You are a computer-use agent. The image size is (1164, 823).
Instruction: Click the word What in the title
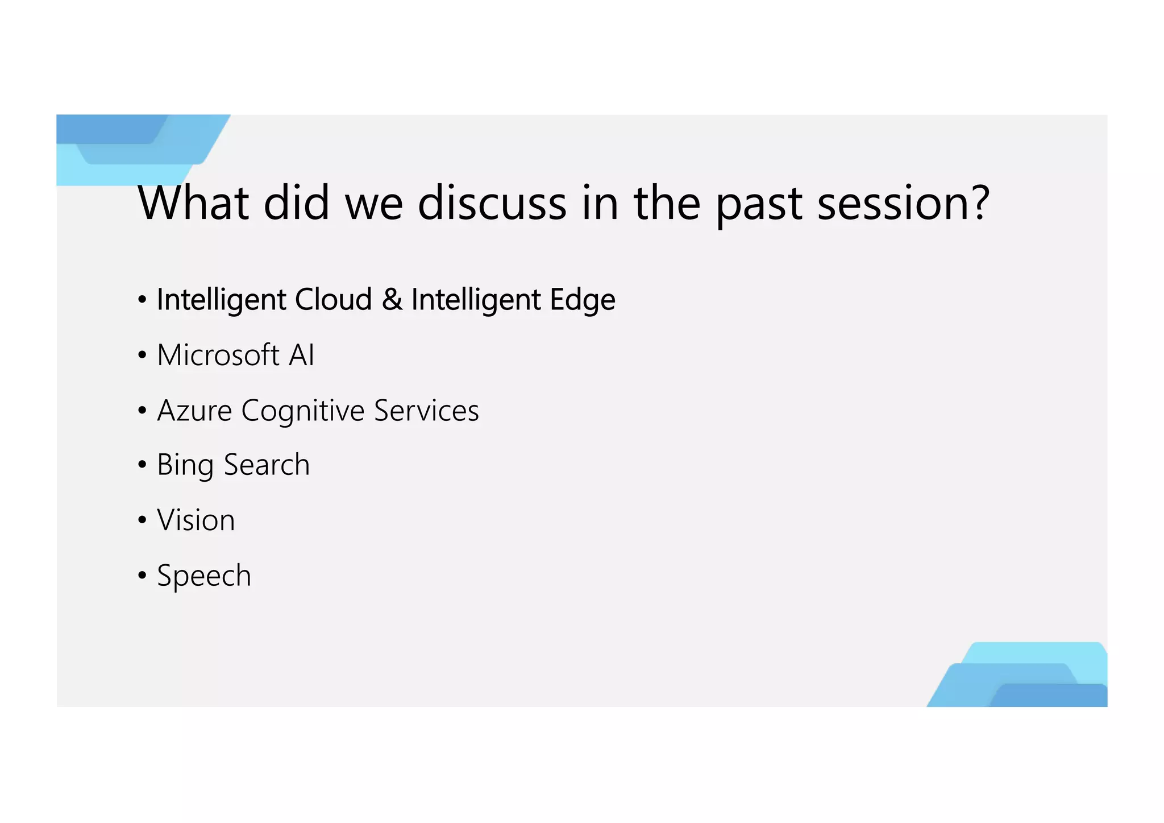(x=193, y=203)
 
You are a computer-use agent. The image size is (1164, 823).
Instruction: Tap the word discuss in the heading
(x=492, y=203)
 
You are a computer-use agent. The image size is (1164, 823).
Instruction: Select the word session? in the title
(x=904, y=203)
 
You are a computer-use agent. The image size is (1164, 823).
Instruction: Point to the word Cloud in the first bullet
(x=333, y=299)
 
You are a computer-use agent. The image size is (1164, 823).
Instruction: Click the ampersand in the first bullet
(x=392, y=299)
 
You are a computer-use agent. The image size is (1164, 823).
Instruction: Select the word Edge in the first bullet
(x=583, y=300)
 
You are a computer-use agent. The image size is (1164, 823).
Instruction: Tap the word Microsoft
(x=218, y=355)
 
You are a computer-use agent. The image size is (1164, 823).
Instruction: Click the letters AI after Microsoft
(x=301, y=355)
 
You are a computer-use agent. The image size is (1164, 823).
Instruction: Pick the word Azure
(x=194, y=411)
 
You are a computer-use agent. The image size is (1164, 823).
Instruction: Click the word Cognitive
(x=303, y=411)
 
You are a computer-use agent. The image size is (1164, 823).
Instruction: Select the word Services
(x=426, y=411)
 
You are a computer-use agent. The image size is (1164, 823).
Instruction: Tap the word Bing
(x=185, y=466)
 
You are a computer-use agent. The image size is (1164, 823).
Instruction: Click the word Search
(x=267, y=465)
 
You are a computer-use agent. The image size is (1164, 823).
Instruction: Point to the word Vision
(x=196, y=520)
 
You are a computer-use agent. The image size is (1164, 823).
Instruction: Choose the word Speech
(x=203, y=576)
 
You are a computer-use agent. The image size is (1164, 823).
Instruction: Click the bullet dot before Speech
(x=142, y=576)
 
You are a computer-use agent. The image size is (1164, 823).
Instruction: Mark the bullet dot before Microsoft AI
(x=142, y=355)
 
